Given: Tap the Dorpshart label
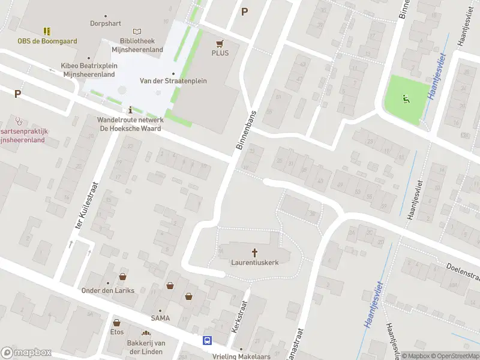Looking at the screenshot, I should [x=106, y=23].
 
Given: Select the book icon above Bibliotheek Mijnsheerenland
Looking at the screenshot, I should [x=137, y=31].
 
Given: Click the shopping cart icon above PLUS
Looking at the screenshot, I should [x=220, y=43].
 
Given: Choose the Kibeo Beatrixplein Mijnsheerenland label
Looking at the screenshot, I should [x=89, y=70].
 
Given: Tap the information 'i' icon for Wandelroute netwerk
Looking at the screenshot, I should [x=131, y=110].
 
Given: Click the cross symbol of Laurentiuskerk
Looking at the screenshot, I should [x=254, y=253].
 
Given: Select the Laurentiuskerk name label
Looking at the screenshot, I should [x=254, y=262].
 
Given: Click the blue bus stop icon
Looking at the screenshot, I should [x=208, y=341].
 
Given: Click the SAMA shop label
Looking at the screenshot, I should [x=160, y=318].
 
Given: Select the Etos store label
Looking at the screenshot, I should [x=116, y=331].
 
